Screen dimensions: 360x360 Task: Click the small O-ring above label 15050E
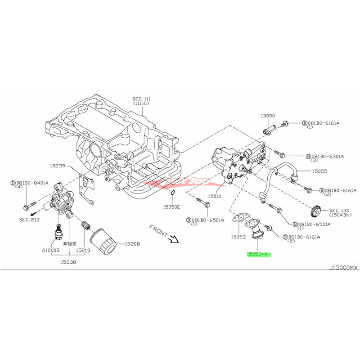172,193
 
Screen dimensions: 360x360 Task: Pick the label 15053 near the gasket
237,237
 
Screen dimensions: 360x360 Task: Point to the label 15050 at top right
267,116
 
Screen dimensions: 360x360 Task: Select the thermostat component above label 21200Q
58,231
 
